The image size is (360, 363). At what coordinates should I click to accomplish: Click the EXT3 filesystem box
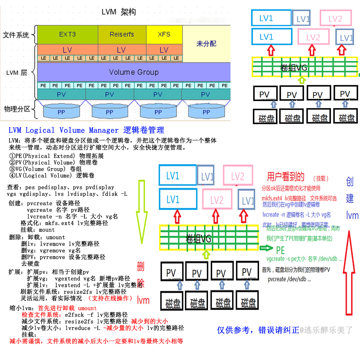click(x=67, y=34)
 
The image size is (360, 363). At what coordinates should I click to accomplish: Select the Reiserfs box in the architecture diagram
click(x=121, y=34)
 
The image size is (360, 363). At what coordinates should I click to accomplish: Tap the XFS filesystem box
click(x=164, y=34)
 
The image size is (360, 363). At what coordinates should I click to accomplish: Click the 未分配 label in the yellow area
click(x=206, y=44)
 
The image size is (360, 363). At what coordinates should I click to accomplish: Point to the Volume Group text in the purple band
click(x=134, y=72)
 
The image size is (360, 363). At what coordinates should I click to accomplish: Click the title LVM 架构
click(x=119, y=13)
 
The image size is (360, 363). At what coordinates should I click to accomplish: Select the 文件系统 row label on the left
click(x=16, y=35)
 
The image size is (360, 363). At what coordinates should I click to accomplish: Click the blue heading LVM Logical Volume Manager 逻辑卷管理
click(x=86, y=130)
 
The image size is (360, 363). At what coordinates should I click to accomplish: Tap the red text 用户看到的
click(x=286, y=177)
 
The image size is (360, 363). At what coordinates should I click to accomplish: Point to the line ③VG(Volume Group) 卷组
click(x=46, y=169)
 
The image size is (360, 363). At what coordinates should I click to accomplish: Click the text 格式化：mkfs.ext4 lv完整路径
click(x=64, y=223)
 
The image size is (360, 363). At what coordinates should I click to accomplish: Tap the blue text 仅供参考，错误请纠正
click(x=258, y=330)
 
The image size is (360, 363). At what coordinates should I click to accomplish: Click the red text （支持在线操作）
click(x=110, y=298)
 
